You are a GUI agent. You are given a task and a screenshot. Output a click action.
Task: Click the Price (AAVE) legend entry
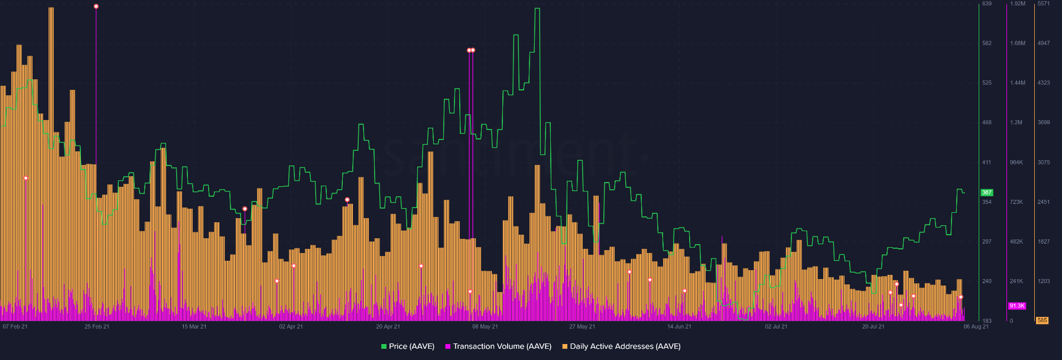coord(408,346)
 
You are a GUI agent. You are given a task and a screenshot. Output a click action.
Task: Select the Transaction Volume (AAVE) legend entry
coord(498,346)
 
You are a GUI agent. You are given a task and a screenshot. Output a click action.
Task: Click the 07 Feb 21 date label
coord(15,326)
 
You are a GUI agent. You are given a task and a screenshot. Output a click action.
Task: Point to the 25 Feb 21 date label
coord(97,326)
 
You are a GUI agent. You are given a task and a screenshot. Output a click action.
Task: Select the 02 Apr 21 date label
coord(291,326)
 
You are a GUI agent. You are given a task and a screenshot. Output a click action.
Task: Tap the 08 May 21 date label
coord(485,326)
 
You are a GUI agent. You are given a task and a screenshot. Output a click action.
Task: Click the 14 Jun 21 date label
coord(679,326)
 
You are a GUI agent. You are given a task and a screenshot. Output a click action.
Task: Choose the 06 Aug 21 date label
coord(976,326)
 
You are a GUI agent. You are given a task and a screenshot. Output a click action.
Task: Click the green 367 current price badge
coord(987,193)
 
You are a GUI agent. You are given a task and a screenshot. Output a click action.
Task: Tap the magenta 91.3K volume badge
coord(1016,306)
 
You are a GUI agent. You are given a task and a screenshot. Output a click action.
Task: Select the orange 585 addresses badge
coord(1042,320)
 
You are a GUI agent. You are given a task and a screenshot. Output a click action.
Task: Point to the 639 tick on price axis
coord(987,4)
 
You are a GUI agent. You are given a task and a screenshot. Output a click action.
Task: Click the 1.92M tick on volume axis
coord(1017,4)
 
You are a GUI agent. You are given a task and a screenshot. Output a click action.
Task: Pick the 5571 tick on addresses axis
coord(1044,4)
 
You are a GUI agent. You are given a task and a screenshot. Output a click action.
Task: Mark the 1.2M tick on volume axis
coord(1016,122)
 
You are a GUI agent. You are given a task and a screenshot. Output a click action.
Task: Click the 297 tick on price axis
coord(987,242)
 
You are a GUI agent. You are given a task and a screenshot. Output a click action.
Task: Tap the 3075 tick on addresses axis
coord(1044,162)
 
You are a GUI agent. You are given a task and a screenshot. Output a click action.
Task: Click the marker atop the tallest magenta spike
coord(96,7)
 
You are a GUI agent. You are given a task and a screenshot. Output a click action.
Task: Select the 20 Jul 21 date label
coord(873,326)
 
